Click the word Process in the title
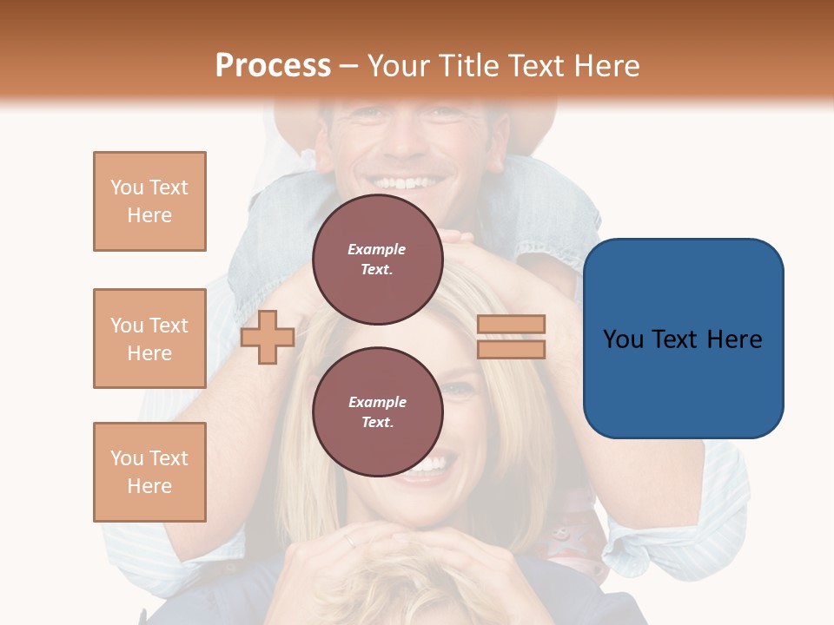pyautogui.click(x=273, y=66)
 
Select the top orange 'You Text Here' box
pyautogui.click(x=149, y=201)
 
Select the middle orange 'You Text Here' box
pyautogui.click(x=149, y=339)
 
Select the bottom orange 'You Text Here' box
pyautogui.click(x=149, y=472)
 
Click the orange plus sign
pyautogui.click(x=268, y=337)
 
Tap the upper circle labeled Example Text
pyautogui.click(x=377, y=260)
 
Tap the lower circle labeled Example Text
pyautogui.click(x=377, y=412)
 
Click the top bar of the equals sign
pyautogui.click(x=511, y=325)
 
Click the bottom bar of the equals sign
pyautogui.click(x=511, y=349)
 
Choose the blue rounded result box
pyautogui.click(x=683, y=339)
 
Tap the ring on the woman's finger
pyautogui.click(x=348, y=540)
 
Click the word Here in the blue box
pyautogui.click(x=734, y=339)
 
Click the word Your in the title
pyautogui.click(x=398, y=66)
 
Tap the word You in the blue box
pyautogui.click(x=625, y=339)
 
